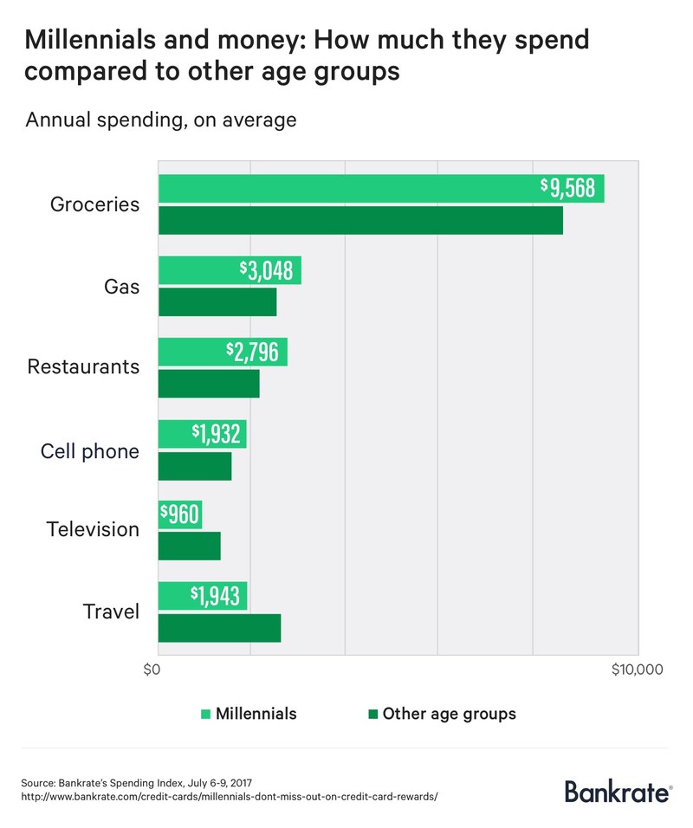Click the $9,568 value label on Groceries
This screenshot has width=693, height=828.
click(568, 188)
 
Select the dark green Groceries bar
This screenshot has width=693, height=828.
click(360, 221)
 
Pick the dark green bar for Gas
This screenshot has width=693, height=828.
click(217, 302)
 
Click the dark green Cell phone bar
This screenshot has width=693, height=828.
click(195, 467)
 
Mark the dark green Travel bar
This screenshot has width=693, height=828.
click(220, 629)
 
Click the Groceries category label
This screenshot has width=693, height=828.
click(94, 205)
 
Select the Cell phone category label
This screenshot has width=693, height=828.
click(90, 451)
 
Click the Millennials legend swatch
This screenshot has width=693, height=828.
click(205, 715)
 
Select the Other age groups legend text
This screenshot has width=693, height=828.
click(449, 715)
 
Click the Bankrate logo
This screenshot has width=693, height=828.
click(618, 790)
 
